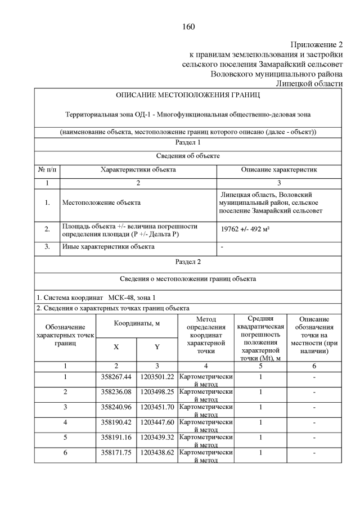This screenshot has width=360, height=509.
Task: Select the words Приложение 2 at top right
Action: (x=316, y=44)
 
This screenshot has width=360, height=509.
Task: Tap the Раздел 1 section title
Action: (x=188, y=143)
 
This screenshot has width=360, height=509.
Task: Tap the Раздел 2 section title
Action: (x=188, y=262)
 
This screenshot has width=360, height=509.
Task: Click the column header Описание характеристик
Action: (x=279, y=169)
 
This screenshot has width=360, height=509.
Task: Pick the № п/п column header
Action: (x=47, y=169)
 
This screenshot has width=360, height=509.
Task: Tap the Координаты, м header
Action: (x=137, y=324)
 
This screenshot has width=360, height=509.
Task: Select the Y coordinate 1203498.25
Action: (x=157, y=391)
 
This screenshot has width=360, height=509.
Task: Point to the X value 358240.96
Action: (x=116, y=407)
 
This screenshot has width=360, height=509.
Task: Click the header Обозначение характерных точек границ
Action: (x=65, y=335)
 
